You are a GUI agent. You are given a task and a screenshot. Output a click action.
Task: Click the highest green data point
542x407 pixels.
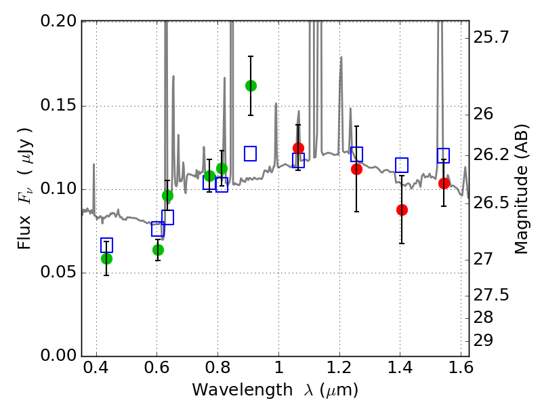point(251,85)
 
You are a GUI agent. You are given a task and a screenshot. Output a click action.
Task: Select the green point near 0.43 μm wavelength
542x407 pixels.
point(106,258)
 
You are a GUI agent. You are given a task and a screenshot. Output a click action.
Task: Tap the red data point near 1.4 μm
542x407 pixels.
point(402,210)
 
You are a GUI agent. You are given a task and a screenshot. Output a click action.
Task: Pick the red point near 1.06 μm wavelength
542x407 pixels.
point(298,148)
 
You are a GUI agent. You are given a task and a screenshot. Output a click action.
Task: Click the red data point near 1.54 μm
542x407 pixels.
point(444,183)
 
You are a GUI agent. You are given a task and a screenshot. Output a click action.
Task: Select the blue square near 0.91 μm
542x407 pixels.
point(251,153)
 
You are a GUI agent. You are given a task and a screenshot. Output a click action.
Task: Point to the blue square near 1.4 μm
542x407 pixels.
point(402,165)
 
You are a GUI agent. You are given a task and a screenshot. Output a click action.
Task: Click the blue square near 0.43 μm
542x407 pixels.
point(106,245)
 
